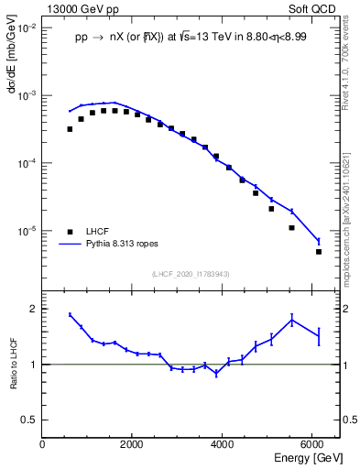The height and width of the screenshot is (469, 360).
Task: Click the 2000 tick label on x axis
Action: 133,444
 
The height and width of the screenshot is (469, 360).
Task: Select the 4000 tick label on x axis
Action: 223,444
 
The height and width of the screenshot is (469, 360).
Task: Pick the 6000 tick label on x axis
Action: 312,444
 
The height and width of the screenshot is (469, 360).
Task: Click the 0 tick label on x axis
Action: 43,444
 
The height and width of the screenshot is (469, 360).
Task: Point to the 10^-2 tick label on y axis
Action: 27,28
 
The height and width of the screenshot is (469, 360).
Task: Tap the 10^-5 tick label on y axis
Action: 27,231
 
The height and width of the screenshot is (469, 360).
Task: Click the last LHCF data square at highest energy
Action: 319,251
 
